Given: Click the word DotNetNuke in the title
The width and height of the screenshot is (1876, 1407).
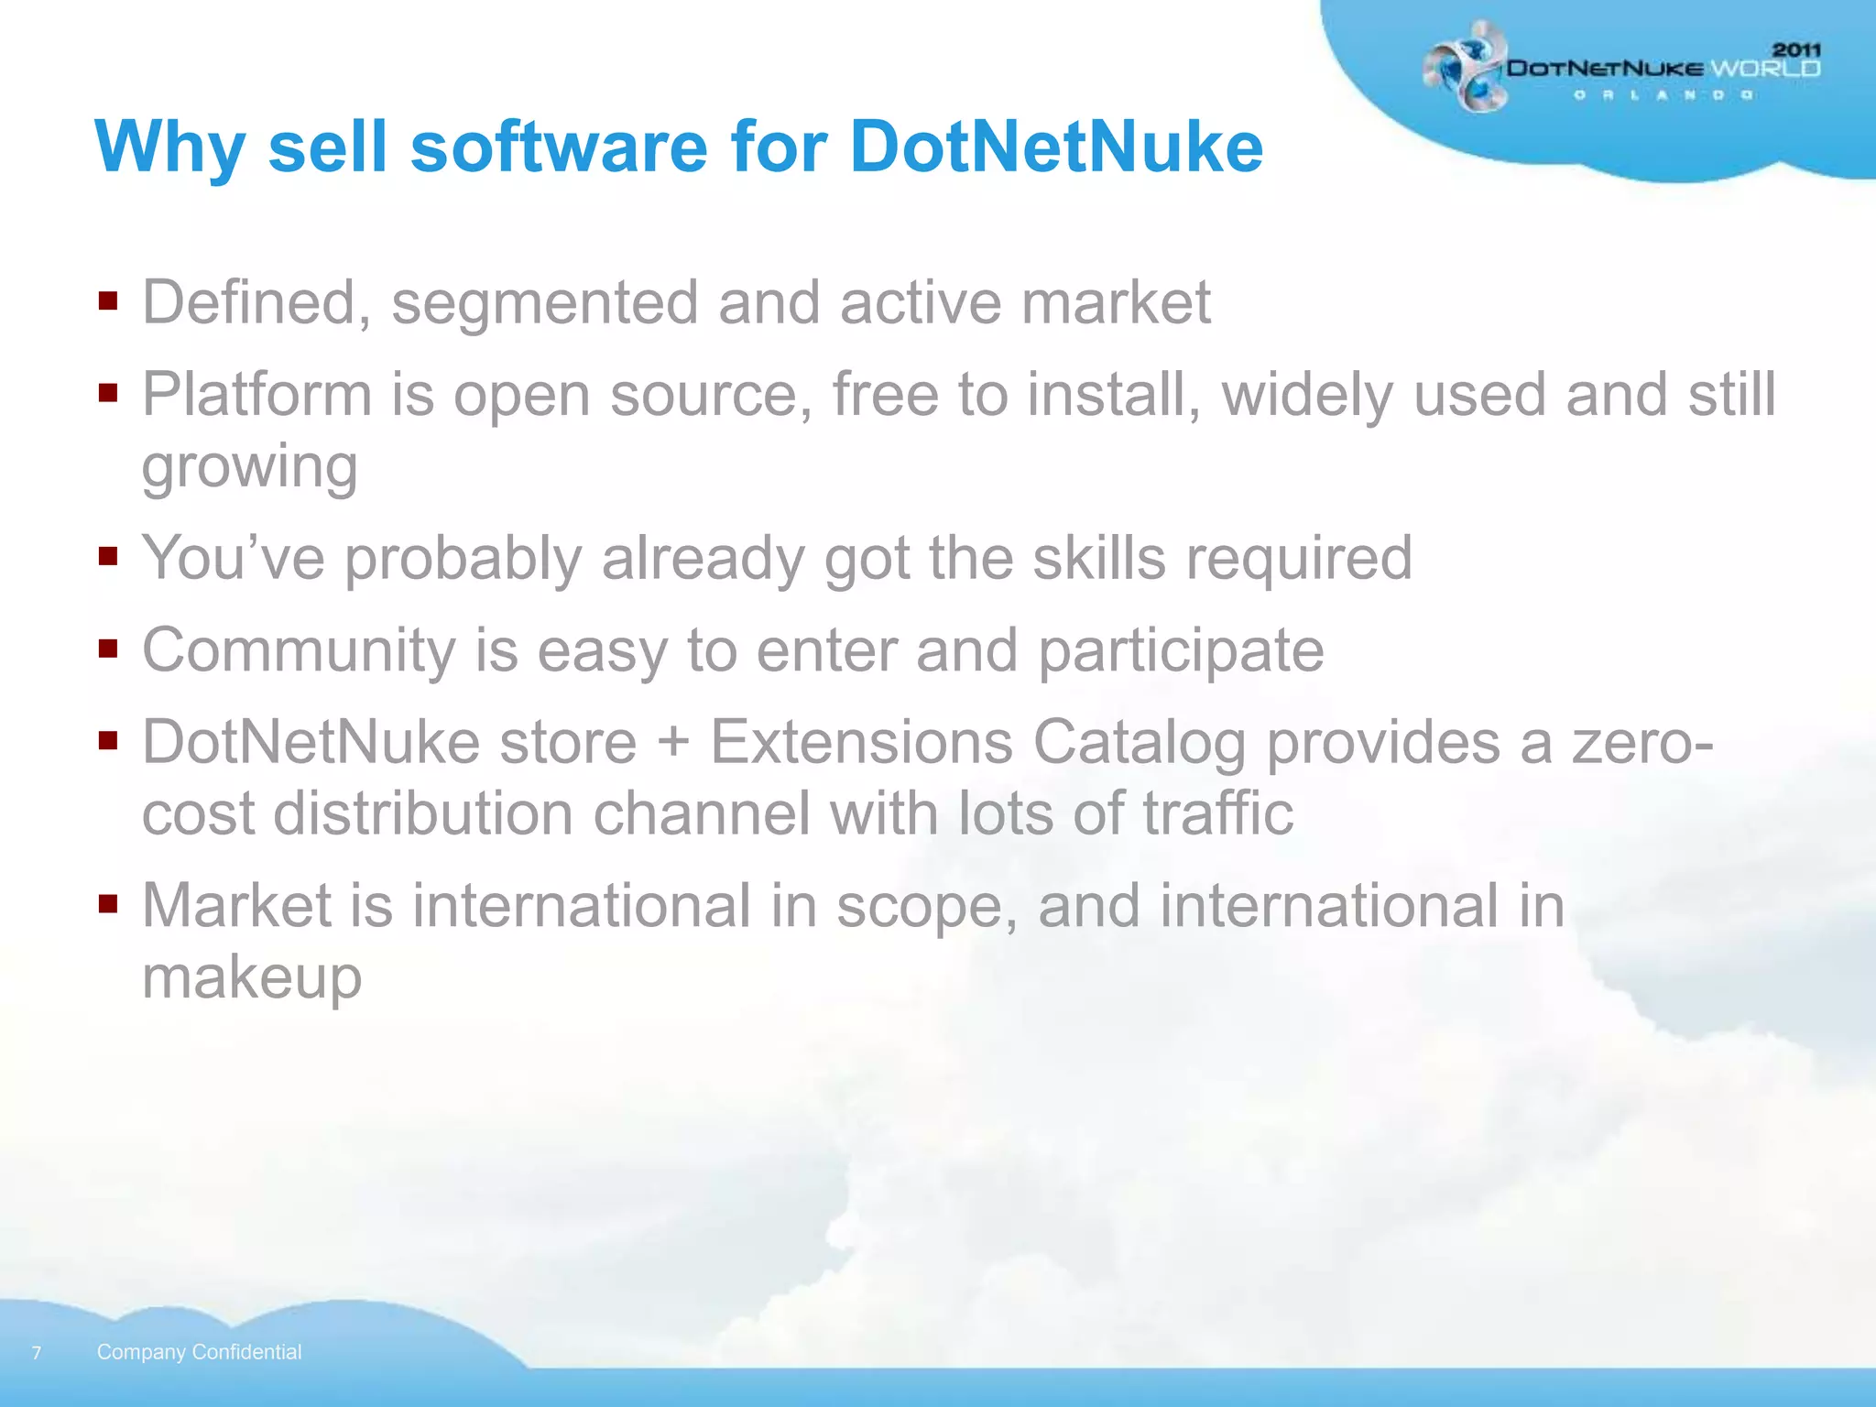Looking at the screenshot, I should [x=1056, y=147].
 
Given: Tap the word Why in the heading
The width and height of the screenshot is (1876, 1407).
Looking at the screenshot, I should [x=169, y=148].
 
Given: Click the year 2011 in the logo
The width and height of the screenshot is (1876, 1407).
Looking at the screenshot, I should [x=1796, y=49].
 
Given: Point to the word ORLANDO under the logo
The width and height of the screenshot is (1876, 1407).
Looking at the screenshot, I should [x=1663, y=95].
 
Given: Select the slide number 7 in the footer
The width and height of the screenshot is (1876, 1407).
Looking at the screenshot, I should [x=37, y=1353].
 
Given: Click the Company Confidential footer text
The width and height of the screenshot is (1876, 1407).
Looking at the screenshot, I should [x=199, y=1352].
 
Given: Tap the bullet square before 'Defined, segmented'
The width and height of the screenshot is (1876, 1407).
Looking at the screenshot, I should [x=108, y=301].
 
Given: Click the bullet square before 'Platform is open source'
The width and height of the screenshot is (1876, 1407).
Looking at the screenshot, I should [x=108, y=393].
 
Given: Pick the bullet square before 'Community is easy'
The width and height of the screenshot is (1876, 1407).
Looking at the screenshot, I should [x=108, y=649].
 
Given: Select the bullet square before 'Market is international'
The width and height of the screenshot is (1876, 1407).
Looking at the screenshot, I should [x=108, y=904].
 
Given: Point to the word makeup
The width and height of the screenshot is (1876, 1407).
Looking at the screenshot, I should [x=252, y=977].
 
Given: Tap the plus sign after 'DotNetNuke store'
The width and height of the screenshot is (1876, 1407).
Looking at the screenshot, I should [x=673, y=740].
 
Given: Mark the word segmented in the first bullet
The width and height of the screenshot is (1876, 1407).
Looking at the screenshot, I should [x=544, y=304].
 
